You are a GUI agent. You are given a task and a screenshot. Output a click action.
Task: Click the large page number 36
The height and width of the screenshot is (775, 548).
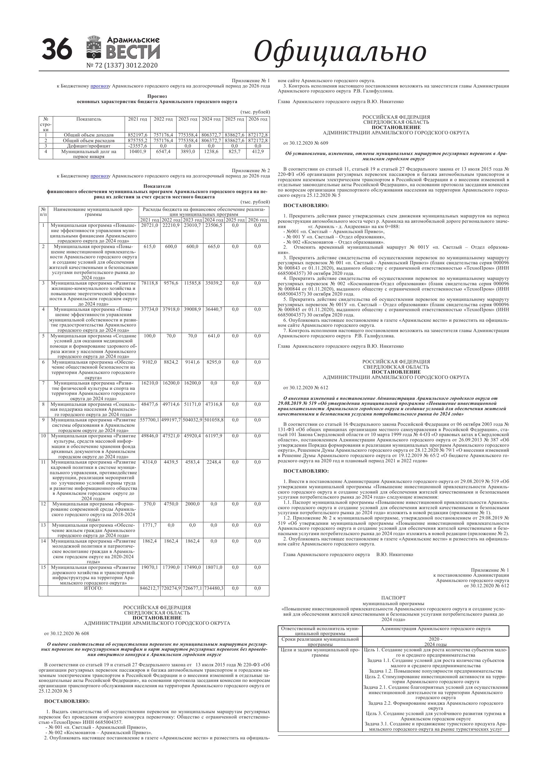tap(57, 49)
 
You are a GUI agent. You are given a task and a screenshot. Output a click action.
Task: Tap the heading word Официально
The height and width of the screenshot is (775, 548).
tap(340, 51)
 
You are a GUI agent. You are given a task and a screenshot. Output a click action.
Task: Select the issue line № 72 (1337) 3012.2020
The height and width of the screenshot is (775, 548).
tap(122, 66)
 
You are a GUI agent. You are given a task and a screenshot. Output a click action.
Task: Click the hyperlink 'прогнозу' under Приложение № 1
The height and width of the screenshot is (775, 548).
tap(99, 86)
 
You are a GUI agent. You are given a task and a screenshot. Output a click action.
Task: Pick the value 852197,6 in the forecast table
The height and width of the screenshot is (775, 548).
tap(138, 135)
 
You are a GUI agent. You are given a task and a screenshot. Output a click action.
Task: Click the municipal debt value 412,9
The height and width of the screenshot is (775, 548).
tap(258, 152)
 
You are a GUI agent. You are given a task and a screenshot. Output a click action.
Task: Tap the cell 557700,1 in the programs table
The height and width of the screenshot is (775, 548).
tap(149, 420)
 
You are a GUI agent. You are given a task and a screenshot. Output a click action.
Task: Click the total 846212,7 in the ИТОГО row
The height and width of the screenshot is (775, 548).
tap(149, 588)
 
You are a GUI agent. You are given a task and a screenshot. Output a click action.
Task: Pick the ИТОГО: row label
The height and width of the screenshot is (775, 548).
tap(93, 588)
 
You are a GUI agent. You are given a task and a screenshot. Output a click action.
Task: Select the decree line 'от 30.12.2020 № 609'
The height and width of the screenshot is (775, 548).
tap(306, 143)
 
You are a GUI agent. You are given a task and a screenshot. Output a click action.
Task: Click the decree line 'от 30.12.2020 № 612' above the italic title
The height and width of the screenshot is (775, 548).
tap(306, 387)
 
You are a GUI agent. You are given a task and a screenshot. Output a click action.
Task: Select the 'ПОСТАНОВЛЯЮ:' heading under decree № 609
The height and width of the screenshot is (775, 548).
tap(306, 205)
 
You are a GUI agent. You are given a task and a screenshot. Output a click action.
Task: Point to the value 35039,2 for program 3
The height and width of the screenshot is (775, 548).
tap(214, 283)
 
